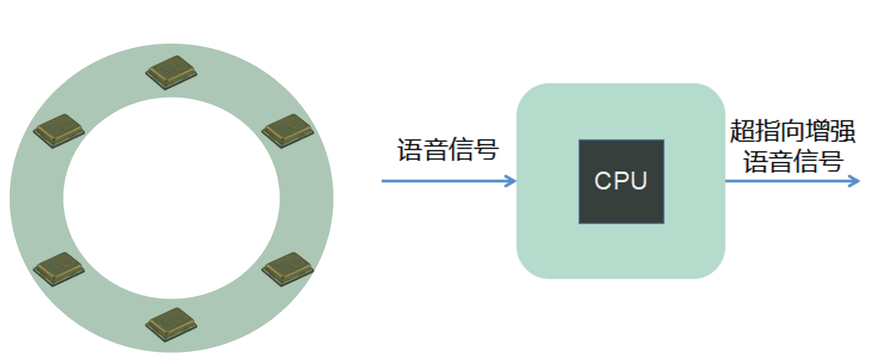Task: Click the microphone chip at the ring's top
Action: pos(172,72)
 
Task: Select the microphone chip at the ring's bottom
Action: pos(172,324)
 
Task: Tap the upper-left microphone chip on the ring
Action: pos(59,129)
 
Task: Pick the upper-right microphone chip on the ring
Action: pos(288,129)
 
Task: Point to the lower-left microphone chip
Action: pos(59,268)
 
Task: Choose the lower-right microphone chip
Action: pos(288,268)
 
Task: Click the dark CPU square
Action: pos(621,181)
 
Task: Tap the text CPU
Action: pos(621,181)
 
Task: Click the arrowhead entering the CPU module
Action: pos(509,181)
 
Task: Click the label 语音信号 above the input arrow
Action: pos(449,150)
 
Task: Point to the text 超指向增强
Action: pos(793,133)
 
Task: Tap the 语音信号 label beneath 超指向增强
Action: pos(793,162)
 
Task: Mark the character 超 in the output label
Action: pos(742,133)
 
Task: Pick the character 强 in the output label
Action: pos(844,133)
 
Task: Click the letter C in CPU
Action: pos(603,181)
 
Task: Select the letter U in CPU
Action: pos(639,181)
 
